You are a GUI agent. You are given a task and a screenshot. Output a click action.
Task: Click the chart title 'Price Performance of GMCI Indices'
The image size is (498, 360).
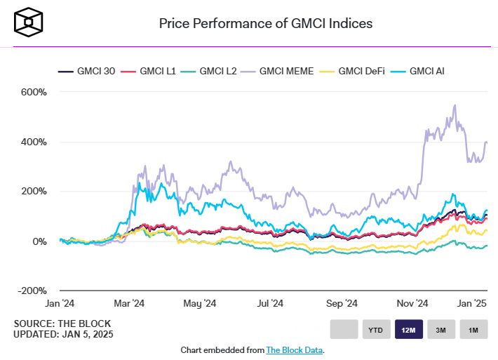[x=265, y=23]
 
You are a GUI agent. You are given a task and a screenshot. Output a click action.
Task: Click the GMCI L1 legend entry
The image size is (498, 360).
[x=147, y=71]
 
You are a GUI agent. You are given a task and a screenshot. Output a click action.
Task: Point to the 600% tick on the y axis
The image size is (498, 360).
[x=34, y=92]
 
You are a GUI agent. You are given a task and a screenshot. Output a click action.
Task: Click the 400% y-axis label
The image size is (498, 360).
[x=34, y=142]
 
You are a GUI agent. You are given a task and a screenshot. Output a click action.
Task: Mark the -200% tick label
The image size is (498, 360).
[x=32, y=291]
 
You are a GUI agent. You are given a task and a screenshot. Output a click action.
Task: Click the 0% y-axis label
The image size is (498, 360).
[x=38, y=241]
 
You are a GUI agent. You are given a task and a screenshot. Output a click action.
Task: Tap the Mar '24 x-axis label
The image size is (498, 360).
[x=129, y=303]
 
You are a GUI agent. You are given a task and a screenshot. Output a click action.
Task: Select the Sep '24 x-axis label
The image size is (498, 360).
[x=342, y=303]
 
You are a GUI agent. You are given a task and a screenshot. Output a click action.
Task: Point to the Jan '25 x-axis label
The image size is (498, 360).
[x=472, y=303]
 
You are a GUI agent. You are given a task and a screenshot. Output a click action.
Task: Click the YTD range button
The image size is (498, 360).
[x=376, y=329]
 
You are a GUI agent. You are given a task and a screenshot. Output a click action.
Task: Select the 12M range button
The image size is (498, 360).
[x=409, y=329]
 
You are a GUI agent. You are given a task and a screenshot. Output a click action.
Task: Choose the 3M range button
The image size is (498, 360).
[x=441, y=329]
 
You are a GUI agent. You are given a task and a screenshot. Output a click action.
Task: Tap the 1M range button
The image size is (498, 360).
[x=473, y=329]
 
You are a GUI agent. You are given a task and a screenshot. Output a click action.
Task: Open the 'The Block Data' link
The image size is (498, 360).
[x=295, y=349]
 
